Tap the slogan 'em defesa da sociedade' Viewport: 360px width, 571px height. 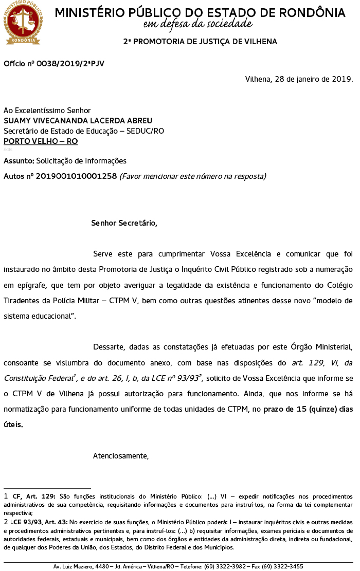tap(198, 23)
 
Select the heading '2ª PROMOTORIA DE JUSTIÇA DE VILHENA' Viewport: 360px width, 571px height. tap(200, 42)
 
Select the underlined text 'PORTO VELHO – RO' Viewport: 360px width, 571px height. tap(41, 141)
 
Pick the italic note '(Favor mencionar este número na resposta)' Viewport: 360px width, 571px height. tap(192, 176)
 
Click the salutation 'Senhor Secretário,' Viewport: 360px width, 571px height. tap(124, 223)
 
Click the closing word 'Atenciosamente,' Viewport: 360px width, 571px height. tap(120, 456)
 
